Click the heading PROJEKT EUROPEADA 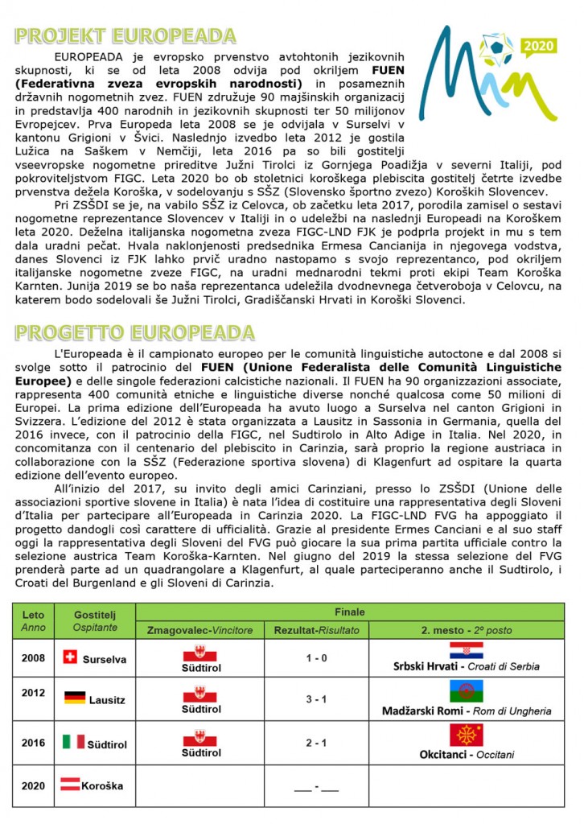[x=125, y=36]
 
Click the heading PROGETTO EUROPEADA [x=135, y=332]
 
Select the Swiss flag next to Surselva [x=70, y=657]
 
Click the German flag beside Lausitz [x=75, y=698]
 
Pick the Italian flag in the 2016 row [x=74, y=741]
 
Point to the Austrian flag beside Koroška [x=71, y=784]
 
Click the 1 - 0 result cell [x=316, y=658]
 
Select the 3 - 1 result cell [x=316, y=698]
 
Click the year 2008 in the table [x=33, y=658]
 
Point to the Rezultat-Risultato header [x=316, y=630]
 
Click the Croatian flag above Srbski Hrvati [x=466, y=650]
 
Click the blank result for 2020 [x=316, y=786]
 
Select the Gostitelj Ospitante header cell [x=95, y=620]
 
